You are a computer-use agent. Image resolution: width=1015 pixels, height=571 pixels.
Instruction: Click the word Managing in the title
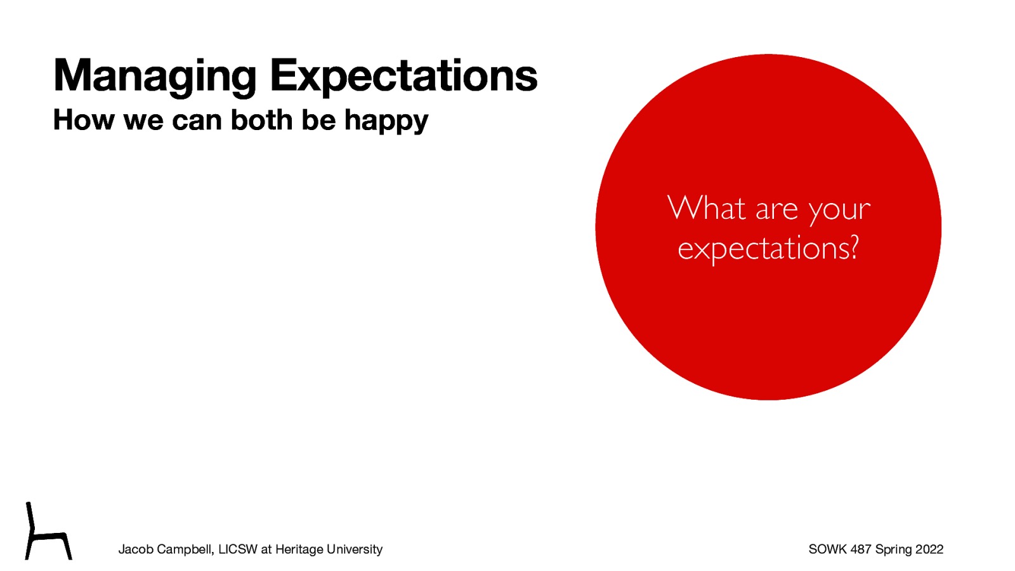pyautogui.click(x=154, y=76)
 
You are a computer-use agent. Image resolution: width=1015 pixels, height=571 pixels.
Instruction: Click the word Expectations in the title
pyautogui.click(x=403, y=76)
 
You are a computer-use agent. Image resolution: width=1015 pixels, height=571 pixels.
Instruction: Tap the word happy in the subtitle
pyautogui.click(x=386, y=121)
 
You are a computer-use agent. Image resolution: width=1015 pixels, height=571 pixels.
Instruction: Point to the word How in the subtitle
pyautogui.click(x=83, y=120)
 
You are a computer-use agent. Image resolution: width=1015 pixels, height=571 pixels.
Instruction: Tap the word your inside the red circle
pyautogui.click(x=839, y=210)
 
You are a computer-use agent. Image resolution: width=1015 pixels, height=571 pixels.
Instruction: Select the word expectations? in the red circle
pyautogui.click(x=768, y=248)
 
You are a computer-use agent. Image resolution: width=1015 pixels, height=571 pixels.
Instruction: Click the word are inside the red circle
pyautogui.click(x=776, y=210)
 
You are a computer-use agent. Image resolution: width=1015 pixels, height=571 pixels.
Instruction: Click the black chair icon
pyautogui.click(x=48, y=533)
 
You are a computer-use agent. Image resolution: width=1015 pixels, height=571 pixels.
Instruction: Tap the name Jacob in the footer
pyautogui.click(x=136, y=549)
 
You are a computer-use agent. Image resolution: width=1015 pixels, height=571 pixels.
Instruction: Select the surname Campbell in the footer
pyautogui.click(x=184, y=549)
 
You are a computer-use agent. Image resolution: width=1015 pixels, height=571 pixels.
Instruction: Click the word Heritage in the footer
pyautogui.click(x=299, y=549)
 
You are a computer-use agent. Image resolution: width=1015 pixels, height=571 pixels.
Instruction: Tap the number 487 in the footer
pyautogui.click(x=861, y=549)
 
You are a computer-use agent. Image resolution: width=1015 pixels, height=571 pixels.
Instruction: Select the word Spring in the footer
pyautogui.click(x=893, y=549)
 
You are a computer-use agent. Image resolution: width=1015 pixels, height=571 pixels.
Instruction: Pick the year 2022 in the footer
pyautogui.click(x=929, y=549)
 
